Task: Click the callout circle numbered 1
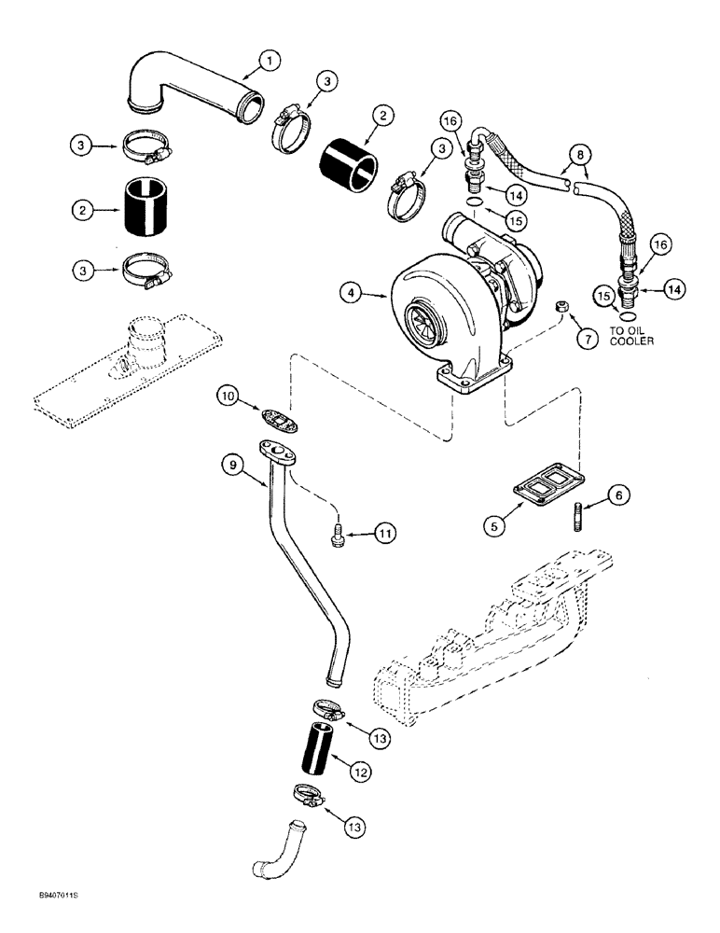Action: point(269,63)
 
